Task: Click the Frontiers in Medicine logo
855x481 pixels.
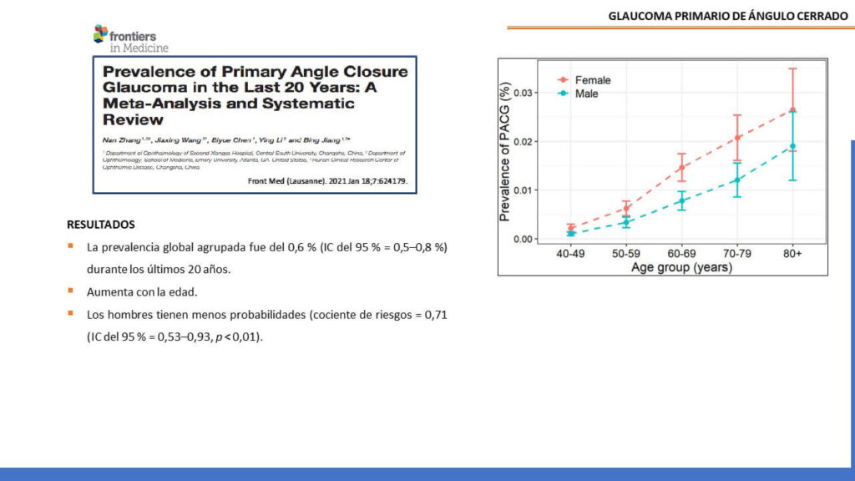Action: click(x=130, y=38)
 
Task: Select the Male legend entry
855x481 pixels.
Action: click(x=586, y=94)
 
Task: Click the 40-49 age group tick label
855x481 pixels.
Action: click(x=572, y=254)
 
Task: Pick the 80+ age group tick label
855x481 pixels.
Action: click(x=792, y=254)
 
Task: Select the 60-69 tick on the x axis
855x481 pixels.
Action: click(x=681, y=254)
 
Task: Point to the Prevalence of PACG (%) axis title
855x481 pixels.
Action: click(x=506, y=151)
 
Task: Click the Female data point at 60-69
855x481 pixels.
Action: click(x=681, y=167)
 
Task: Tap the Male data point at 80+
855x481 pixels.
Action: click(x=792, y=146)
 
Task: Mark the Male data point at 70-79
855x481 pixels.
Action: click(x=737, y=180)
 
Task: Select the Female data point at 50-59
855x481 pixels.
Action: click(x=626, y=208)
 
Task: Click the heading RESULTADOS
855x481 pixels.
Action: click(x=101, y=225)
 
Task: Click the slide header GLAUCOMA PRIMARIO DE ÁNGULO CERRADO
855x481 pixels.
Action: click(x=727, y=16)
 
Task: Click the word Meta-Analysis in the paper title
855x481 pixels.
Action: click(x=156, y=104)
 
